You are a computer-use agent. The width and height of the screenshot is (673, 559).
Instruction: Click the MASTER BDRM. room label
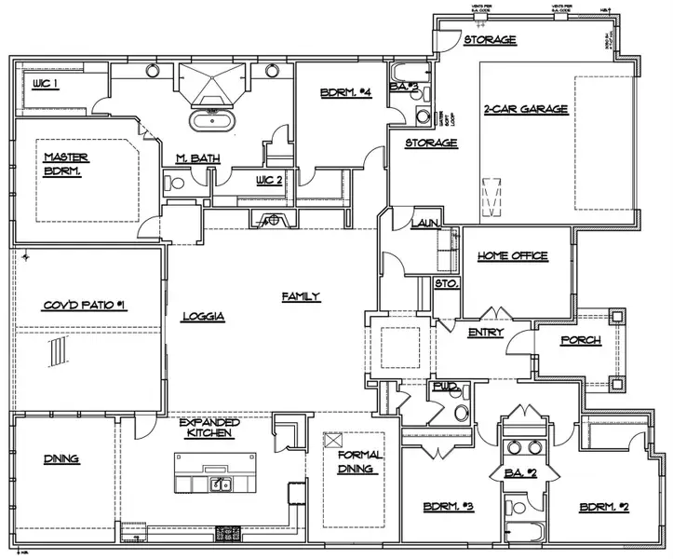point(64,164)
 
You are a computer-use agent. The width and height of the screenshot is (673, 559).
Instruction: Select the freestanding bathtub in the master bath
point(212,119)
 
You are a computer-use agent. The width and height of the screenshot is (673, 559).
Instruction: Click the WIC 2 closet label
point(269,180)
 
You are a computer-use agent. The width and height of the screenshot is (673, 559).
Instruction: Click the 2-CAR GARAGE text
point(526,109)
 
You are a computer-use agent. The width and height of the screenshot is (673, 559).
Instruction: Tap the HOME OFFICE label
point(512,255)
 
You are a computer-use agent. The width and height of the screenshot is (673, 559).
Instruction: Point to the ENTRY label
point(486,332)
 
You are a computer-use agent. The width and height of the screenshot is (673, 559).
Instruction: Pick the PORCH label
point(581,340)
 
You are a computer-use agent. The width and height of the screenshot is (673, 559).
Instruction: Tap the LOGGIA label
point(204,316)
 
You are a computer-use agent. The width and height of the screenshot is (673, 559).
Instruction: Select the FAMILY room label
point(301,296)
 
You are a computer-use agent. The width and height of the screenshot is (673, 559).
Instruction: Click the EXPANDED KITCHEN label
point(209,428)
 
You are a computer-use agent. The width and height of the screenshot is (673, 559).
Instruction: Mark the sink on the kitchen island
point(220,484)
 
